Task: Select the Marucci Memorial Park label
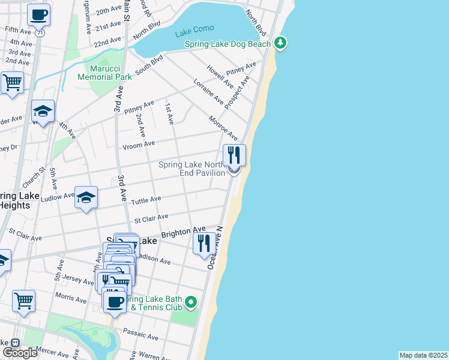tap(104, 73)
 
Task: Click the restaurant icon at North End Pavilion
tap(234, 155)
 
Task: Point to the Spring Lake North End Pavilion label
tap(191, 169)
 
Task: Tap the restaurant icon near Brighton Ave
tap(203, 244)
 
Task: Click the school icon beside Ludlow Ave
tap(86, 197)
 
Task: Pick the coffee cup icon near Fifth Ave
tap(38, 14)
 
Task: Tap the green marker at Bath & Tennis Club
tap(191, 301)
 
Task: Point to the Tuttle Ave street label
tap(147, 199)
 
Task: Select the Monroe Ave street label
tap(222, 128)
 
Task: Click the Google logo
tap(19, 353)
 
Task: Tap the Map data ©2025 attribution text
tap(424, 355)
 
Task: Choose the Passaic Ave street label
tap(139, 331)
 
